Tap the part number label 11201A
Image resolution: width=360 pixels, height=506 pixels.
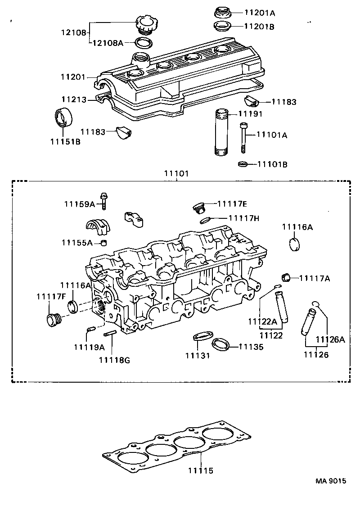click(x=259, y=12)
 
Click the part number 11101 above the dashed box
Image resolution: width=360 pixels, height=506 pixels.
click(x=176, y=173)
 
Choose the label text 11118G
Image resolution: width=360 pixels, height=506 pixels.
click(x=114, y=359)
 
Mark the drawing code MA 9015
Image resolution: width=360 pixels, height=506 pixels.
click(x=331, y=481)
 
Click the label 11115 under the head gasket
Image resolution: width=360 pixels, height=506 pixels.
click(x=201, y=471)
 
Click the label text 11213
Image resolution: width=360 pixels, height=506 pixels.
click(x=75, y=99)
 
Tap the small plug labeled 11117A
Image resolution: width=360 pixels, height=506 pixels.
click(x=285, y=276)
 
